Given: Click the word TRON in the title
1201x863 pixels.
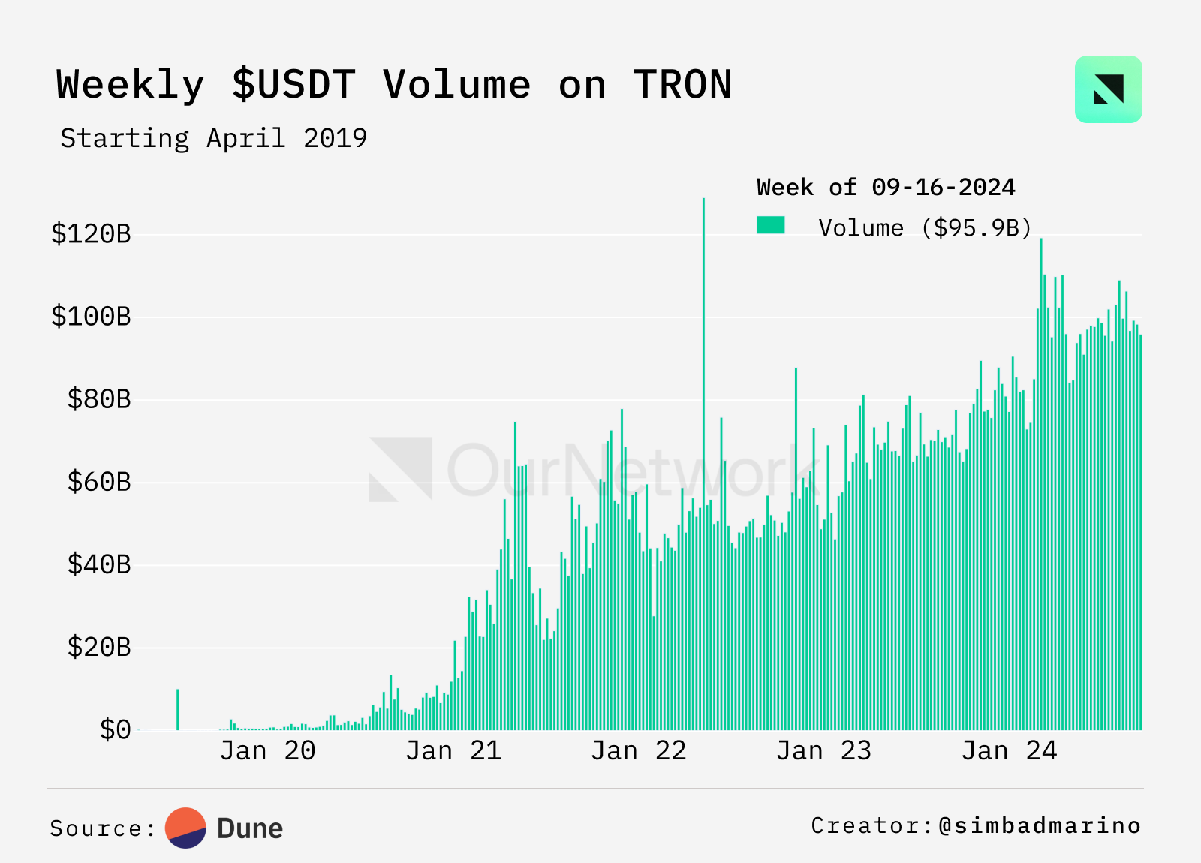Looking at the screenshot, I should pos(682,84).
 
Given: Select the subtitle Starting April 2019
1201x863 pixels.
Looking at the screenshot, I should pos(214,138).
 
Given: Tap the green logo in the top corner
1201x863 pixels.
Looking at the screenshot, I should pos(1108,89).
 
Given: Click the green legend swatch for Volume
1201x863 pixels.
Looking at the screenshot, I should pos(771,225).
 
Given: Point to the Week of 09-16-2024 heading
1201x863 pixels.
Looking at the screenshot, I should pos(886,187).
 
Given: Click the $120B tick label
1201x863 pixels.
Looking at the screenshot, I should pos(91,234).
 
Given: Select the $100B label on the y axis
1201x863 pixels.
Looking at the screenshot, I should pos(91,317).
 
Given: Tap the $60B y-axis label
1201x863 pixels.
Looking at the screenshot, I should pos(99,482).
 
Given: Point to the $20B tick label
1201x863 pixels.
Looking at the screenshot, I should pos(99,647).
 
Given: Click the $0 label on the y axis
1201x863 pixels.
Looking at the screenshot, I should pos(115,729).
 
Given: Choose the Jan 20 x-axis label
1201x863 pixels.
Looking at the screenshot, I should pos(267,750).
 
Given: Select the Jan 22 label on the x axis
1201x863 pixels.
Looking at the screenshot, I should pos(639,750).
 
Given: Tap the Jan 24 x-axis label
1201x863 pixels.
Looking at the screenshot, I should pos(1009,750).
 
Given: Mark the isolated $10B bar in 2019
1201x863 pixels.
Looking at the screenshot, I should pos(178,709).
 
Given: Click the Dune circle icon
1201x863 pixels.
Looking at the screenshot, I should pos(185,828).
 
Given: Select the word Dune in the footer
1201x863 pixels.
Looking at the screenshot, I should pos(250,828).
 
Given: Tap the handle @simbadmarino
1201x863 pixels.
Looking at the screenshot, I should pos(1040,825).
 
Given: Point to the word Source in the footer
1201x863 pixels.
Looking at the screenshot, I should pos(97,828).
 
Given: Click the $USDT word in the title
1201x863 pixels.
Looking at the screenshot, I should pos(293,84).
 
